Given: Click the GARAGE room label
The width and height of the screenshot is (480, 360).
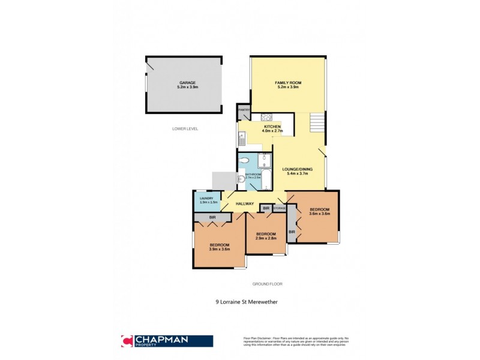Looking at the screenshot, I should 187,83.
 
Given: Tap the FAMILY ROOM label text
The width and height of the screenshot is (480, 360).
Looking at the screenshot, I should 288,82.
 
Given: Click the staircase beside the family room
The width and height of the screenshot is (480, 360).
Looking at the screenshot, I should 317,124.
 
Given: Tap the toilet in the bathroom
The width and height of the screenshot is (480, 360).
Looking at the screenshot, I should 245,160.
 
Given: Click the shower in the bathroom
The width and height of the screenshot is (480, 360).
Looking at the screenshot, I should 265,160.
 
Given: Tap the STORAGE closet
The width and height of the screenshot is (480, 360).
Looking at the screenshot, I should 280,208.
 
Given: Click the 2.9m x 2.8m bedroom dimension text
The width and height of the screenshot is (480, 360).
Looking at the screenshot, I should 265,238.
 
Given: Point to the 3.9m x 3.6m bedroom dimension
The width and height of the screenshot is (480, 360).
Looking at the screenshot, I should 219,249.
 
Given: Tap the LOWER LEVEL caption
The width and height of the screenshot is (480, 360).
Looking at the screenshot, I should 185,128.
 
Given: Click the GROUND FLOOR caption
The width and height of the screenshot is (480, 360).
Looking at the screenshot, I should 267,284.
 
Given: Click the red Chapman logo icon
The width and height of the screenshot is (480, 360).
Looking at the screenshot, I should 127,340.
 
